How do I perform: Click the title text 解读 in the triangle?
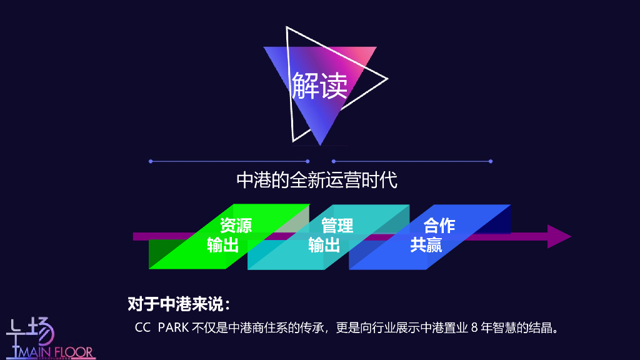[319, 85]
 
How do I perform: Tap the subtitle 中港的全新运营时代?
[317, 181]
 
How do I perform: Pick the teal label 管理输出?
[331, 235]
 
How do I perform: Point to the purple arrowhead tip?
[569, 236]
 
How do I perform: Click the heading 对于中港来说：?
[180, 304]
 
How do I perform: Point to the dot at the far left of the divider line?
[151, 161]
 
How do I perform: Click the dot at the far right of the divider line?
[491, 161]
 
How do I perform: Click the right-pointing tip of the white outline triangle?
[387, 79]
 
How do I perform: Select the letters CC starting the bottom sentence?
[143, 327]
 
